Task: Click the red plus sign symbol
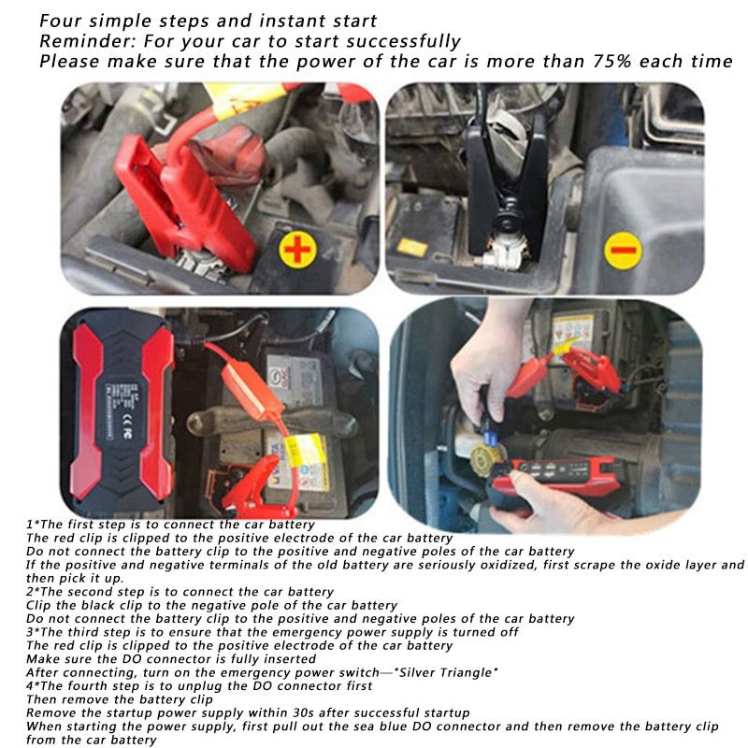point(296,250)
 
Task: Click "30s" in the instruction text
point(286,712)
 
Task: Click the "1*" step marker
point(33,525)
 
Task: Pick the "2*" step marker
point(33,591)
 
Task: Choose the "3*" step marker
point(33,632)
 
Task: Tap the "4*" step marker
point(33,685)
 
